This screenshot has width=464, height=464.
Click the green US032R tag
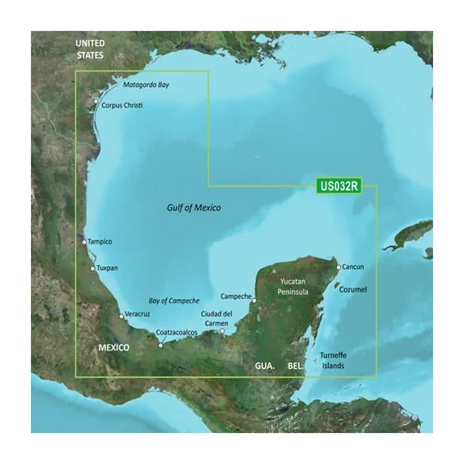(338, 186)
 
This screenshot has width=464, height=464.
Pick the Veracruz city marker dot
(121, 316)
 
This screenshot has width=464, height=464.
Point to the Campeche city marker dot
(255, 300)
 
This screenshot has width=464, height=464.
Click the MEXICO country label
(114, 348)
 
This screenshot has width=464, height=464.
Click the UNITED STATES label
(90, 49)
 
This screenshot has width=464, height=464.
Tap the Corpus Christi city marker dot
(96, 102)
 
